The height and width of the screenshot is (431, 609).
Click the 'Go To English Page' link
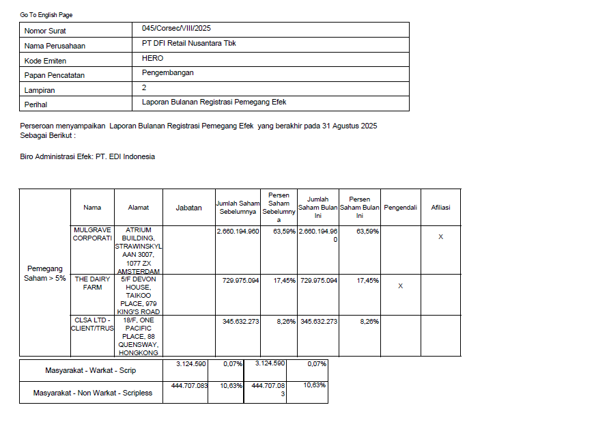click(46, 15)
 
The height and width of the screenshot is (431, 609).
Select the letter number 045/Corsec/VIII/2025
click(177, 29)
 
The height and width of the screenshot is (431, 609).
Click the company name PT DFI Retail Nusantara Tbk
click(189, 43)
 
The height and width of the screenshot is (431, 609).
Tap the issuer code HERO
click(153, 58)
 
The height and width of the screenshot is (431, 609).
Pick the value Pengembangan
click(168, 72)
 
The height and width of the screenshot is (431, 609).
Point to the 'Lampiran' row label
click(40, 90)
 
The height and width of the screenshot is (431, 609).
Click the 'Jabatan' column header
click(189, 208)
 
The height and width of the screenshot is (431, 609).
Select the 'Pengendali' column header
click(401, 208)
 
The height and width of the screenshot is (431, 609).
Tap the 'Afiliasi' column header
click(440, 208)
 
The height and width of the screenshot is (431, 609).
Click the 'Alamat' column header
click(139, 208)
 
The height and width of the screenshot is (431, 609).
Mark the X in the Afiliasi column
click(440, 237)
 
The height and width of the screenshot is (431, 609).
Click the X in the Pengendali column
click(400, 286)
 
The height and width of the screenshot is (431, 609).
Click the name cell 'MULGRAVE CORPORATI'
click(92, 234)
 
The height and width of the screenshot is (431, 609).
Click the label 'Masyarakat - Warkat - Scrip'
click(91, 371)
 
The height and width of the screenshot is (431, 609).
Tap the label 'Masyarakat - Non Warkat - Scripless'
click(93, 393)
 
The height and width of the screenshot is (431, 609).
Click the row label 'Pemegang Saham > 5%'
click(44, 273)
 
